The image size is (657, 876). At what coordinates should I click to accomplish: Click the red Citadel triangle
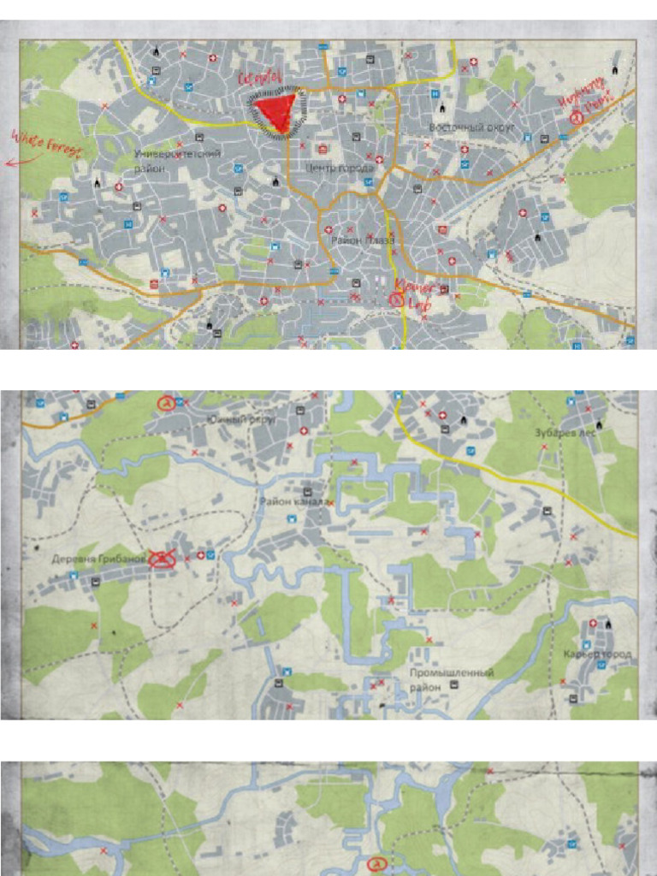(x=275, y=112)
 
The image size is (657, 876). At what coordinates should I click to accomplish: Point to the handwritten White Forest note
(x=45, y=142)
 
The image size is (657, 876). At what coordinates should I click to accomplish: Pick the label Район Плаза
(x=362, y=241)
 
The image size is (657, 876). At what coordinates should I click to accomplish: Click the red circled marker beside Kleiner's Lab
(x=396, y=299)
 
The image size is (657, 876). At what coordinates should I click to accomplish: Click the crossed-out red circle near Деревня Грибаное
(x=162, y=559)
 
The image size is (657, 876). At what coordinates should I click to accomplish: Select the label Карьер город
(x=598, y=654)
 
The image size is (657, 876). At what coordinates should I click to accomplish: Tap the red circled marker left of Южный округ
(x=166, y=401)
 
